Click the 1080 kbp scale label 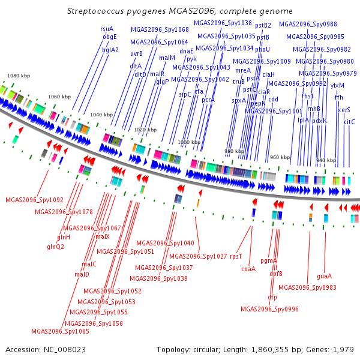[x=19, y=76]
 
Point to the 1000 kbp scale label [x=189, y=142]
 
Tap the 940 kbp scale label [x=326, y=160]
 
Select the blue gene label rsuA [x=107, y=29]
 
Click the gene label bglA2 [x=110, y=50]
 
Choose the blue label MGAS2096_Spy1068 [x=160, y=29]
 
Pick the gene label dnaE [x=187, y=51]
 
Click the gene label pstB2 [x=263, y=25]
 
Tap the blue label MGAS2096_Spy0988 [x=308, y=24]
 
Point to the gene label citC [x=349, y=122]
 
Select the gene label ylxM [x=337, y=85]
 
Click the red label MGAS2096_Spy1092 [x=34, y=200]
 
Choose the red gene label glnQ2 [x=55, y=247]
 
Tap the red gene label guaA [x=324, y=276]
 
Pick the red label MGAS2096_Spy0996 [x=269, y=309]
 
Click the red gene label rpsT [x=236, y=256]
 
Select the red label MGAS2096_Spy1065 [x=60, y=331]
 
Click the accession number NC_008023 [x=65, y=350]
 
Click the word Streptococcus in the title [x=95, y=11]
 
